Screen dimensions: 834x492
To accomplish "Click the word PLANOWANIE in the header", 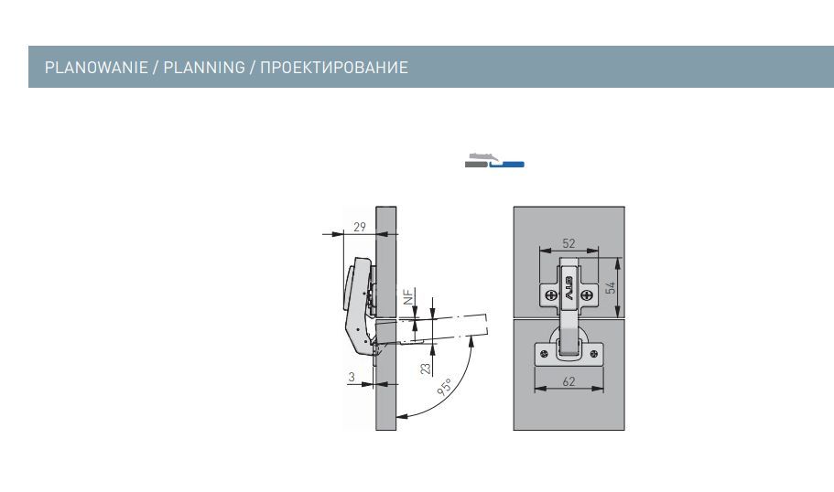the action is pyautogui.click(x=96, y=68).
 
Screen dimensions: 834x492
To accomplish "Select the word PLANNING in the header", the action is pyautogui.click(x=204, y=68).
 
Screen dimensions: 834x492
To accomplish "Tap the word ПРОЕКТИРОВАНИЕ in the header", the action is pyautogui.click(x=334, y=68).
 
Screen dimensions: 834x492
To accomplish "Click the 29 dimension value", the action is pyautogui.click(x=360, y=227).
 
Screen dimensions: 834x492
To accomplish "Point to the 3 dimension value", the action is pyautogui.click(x=352, y=377).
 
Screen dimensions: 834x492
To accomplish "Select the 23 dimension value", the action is pyautogui.click(x=426, y=369).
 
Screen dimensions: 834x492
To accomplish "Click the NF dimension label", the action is pyautogui.click(x=408, y=297).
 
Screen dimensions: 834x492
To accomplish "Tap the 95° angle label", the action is pyautogui.click(x=445, y=388).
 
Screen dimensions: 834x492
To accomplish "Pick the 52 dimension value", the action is pyautogui.click(x=569, y=243).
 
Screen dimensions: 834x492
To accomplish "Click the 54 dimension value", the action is pyautogui.click(x=612, y=288).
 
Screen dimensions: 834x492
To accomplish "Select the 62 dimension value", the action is pyautogui.click(x=569, y=381).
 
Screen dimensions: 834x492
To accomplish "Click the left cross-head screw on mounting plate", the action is pyautogui.click(x=552, y=294).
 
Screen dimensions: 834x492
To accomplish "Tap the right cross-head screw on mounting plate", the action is pyautogui.click(x=586, y=294).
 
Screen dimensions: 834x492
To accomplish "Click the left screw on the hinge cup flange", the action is pyautogui.click(x=543, y=354).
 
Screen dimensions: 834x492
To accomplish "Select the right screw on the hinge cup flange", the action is pyautogui.click(x=595, y=354).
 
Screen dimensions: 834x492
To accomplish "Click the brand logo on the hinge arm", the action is pyautogui.click(x=569, y=288).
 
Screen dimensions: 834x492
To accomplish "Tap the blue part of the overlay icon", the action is pyautogui.click(x=507, y=165).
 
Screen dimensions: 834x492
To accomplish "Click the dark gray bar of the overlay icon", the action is pyautogui.click(x=475, y=165).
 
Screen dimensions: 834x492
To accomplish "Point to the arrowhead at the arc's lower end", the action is pyautogui.click(x=402, y=416).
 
